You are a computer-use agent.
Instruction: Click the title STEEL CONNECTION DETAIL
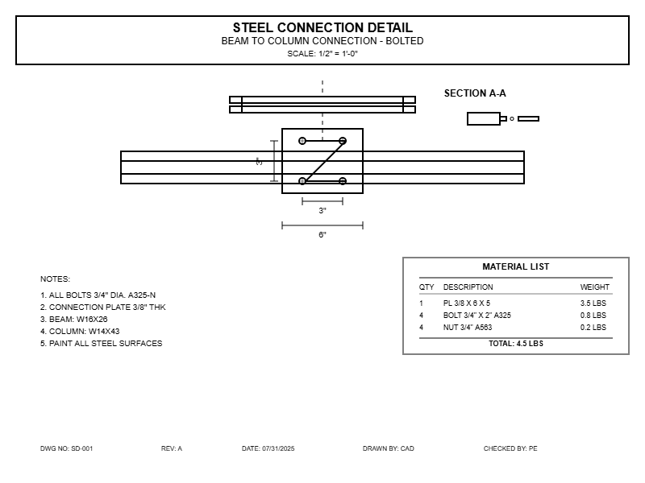(322, 28)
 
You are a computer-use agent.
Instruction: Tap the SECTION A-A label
(475, 93)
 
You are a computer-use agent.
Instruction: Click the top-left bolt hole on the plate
(302, 141)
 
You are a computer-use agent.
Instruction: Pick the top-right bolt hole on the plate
(343, 141)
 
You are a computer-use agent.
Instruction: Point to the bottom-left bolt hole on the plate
(302, 181)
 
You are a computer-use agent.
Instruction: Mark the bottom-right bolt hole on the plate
(343, 181)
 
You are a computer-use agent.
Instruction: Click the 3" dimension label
(322, 211)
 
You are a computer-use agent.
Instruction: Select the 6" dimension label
(322, 235)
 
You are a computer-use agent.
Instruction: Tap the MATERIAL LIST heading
(516, 266)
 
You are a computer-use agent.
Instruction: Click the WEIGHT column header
(595, 287)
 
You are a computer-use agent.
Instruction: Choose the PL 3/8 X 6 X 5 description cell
(467, 303)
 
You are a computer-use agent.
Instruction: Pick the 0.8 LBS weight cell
(593, 316)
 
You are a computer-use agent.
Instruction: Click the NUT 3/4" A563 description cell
(468, 328)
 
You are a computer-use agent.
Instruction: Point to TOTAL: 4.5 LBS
(516, 344)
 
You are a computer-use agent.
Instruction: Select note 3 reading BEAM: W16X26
(73, 320)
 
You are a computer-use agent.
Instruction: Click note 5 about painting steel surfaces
(101, 344)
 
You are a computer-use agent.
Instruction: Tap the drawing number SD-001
(67, 448)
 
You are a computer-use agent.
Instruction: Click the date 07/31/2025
(268, 448)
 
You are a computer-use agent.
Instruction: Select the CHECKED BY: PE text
(510, 448)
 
